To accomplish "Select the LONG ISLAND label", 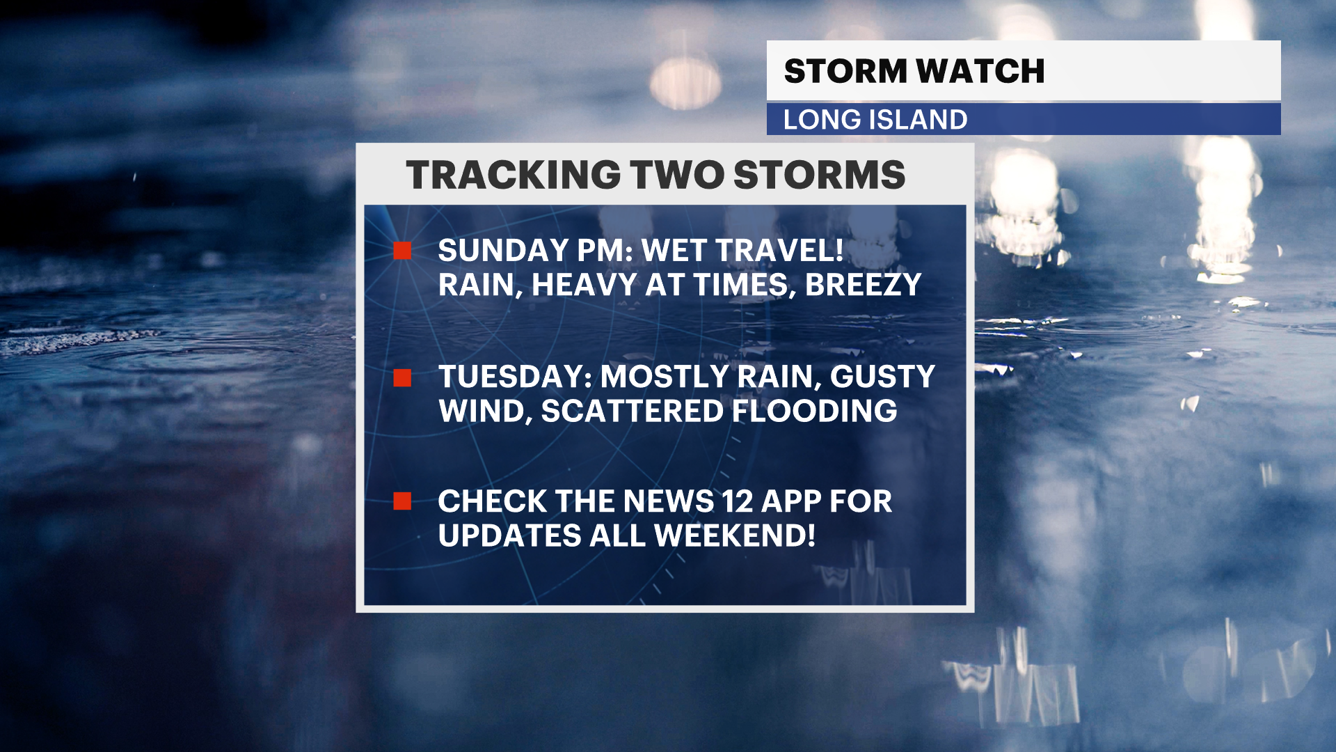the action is (875, 120).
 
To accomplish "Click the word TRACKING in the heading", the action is (514, 175).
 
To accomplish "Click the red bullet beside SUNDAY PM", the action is (402, 251).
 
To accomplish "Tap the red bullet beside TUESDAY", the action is (402, 377).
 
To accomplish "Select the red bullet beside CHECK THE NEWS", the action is (402, 501).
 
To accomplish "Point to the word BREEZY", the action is (863, 285).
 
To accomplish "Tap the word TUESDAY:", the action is (516, 377).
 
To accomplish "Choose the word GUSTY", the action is (882, 377).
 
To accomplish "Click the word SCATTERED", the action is (633, 412).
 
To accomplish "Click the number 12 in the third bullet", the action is (738, 501).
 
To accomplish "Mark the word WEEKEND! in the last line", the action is (735, 535).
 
